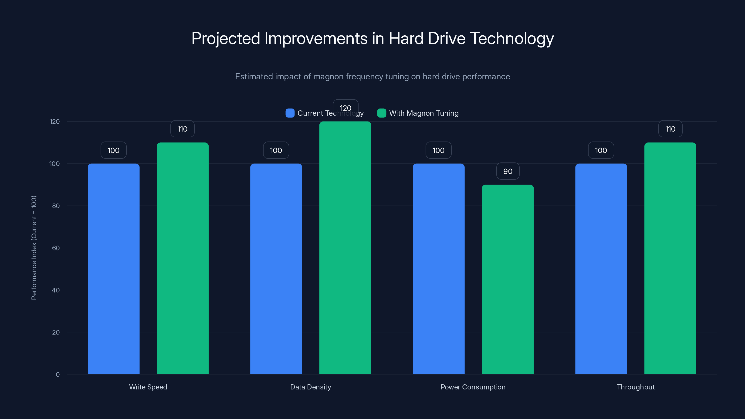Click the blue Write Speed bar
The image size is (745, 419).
pos(113,269)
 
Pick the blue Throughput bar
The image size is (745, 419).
pos(601,269)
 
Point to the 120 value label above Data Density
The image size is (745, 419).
pos(345,108)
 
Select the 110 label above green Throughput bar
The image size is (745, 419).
pos(670,129)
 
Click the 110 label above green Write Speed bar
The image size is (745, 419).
pos(182,129)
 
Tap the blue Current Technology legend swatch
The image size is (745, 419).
pos(290,113)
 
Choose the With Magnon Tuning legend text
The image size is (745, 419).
pos(424,113)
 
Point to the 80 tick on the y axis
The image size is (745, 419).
pos(56,206)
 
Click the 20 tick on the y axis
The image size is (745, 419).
pos(56,332)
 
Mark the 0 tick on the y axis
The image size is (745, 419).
pos(58,375)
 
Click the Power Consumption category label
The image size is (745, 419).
pos(473,387)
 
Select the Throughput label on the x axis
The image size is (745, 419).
pos(635,387)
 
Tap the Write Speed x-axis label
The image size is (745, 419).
pos(148,387)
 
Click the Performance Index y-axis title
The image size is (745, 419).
pos(34,248)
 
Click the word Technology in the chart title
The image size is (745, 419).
pos(512,38)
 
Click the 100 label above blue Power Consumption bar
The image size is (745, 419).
pos(438,150)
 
